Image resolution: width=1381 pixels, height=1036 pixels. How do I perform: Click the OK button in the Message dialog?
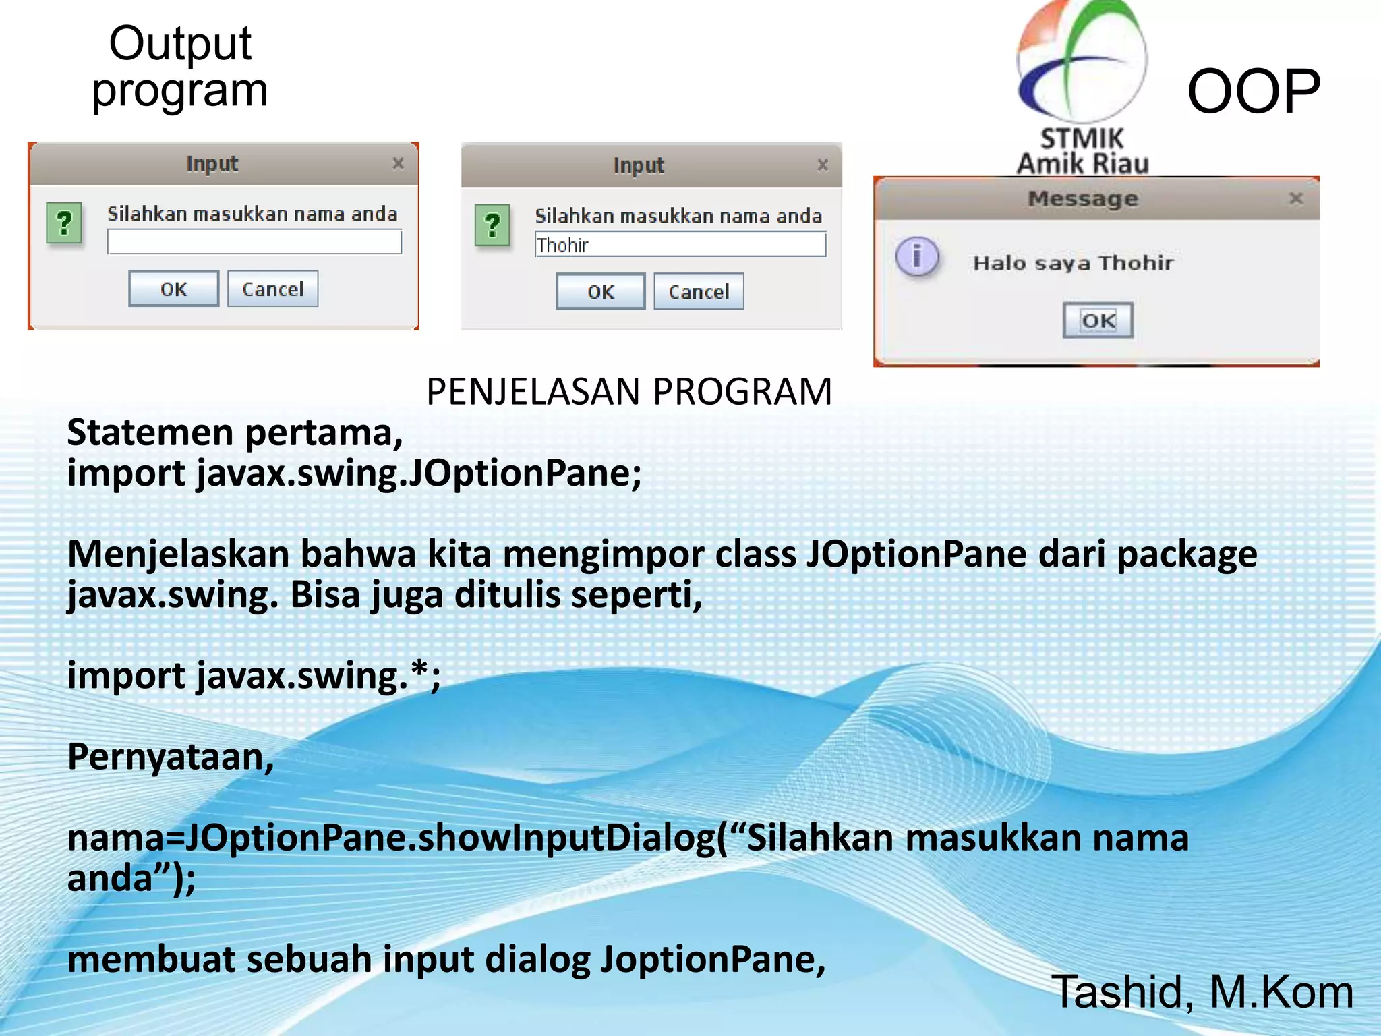point(1098,320)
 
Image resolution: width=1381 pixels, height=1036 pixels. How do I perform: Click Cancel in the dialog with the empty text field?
point(272,289)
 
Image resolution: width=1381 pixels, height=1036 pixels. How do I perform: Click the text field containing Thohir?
point(680,245)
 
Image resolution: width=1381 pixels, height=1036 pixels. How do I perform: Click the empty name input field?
point(254,242)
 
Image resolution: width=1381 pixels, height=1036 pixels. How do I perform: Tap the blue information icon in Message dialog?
point(916,257)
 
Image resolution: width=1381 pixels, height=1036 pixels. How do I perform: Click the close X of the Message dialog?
point(1295,198)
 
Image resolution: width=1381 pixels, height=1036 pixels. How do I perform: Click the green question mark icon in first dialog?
point(64,223)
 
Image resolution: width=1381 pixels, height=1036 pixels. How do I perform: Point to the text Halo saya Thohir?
point(1073,263)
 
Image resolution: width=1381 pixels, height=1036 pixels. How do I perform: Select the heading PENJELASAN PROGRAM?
point(629,392)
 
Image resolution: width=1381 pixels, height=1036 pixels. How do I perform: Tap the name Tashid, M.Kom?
point(1202,992)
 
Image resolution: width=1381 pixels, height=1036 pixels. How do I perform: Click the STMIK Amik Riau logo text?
point(1082,152)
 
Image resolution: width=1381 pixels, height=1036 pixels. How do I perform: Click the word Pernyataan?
point(171,757)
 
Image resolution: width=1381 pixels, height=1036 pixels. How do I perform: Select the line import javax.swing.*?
point(254,676)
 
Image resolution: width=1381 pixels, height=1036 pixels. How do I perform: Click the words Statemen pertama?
point(234,432)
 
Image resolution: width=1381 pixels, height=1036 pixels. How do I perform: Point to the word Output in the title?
point(180,44)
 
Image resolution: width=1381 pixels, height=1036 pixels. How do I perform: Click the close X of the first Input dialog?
point(398,163)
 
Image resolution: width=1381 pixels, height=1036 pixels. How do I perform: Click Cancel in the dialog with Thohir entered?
point(699,292)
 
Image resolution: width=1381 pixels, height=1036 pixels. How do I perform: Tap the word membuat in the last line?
point(152,959)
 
